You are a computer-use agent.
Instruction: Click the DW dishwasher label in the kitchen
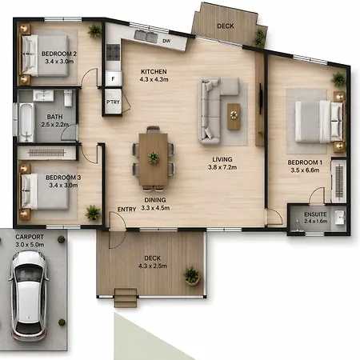[x=166, y=41]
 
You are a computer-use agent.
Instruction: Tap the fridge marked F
[x=114, y=78]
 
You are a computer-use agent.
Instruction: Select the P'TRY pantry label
[x=113, y=102]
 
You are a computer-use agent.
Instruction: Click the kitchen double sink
[x=146, y=36]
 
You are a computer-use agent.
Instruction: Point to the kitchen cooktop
[x=114, y=52]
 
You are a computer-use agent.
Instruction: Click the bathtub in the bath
[x=26, y=122]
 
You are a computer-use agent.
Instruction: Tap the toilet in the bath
[x=68, y=98]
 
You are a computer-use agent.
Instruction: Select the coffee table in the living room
[x=234, y=117]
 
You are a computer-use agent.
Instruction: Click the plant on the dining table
[x=154, y=158]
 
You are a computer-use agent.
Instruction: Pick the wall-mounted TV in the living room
[x=261, y=98]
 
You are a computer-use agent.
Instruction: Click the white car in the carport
[x=29, y=296]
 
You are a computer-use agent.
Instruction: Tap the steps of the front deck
[x=126, y=298]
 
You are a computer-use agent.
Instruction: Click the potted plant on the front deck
[x=191, y=275]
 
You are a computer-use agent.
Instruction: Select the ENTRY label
[x=127, y=210]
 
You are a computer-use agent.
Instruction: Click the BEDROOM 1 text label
[x=305, y=162]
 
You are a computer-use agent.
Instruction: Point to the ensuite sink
[x=340, y=218]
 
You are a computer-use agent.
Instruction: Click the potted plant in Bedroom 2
[x=94, y=31]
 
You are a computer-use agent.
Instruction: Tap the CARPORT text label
[x=30, y=237]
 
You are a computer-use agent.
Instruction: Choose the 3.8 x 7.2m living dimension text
[x=222, y=167]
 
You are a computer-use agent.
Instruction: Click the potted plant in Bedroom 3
[x=93, y=213]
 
